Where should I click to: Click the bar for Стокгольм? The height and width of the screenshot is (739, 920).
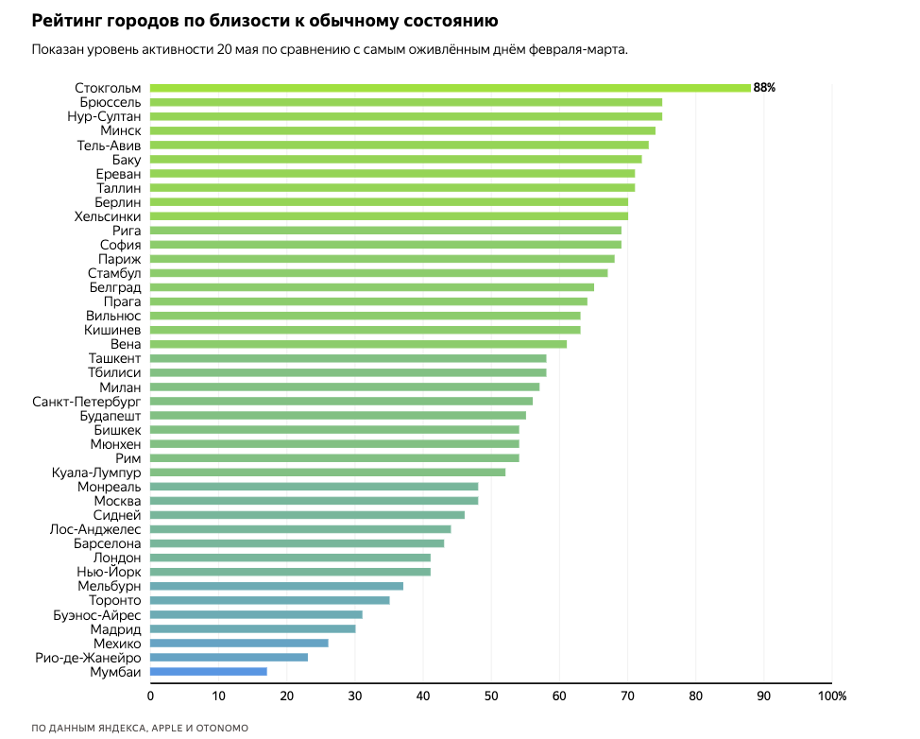point(450,88)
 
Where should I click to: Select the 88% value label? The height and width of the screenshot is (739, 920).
point(764,88)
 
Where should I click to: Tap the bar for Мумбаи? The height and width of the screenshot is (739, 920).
point(208,671)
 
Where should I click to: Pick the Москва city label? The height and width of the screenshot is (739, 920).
point(118,500)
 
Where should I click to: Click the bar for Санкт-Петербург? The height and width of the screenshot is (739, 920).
point(341,401)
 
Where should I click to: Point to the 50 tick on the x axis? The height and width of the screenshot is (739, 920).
point(491,696)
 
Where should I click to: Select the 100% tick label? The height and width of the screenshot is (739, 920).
point(831,696)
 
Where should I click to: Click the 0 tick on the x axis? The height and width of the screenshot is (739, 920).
point(150,696)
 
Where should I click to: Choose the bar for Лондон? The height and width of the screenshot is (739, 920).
point(290,558)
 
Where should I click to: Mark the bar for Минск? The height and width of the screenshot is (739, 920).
point(402,130)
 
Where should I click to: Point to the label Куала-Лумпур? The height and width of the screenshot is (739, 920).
point(96,472)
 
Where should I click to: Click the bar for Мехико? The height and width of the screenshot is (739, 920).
point(239,643)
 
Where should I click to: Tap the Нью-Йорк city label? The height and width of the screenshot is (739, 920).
point(109,572)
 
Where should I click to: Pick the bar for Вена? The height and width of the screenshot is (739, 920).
point(358,344)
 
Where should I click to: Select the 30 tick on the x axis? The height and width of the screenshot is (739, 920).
point(355,696)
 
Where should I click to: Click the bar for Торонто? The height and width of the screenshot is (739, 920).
point(269,600)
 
